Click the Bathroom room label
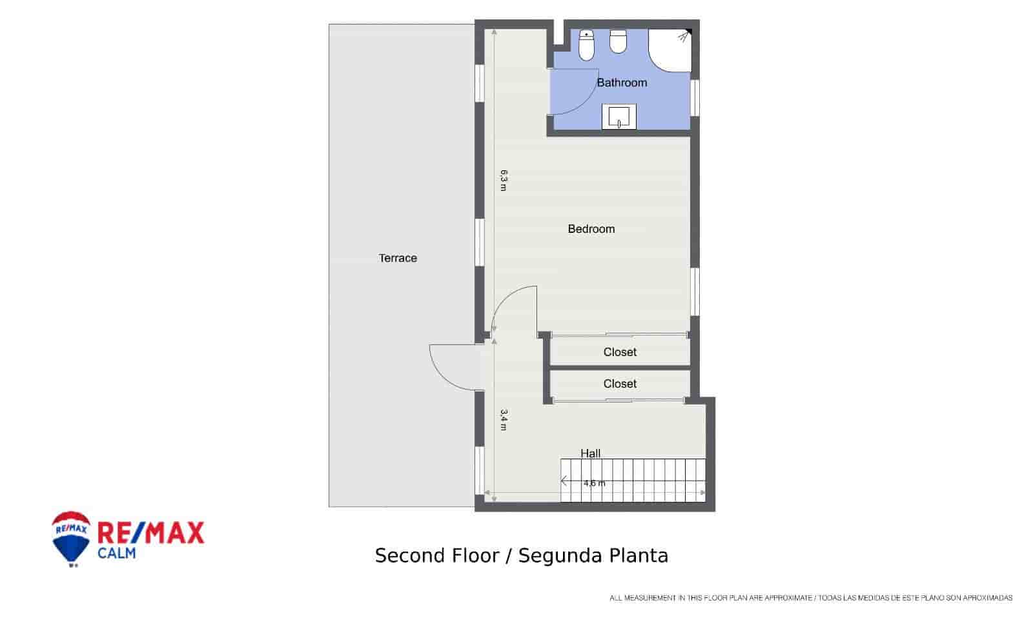pos(621,83)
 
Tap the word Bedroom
pos(591,229)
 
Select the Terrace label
pos(398,258)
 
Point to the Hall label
pos(590,454)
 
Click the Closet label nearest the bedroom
pos(620,352)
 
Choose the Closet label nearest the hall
pos(620,384)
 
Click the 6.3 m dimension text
pos(504,180)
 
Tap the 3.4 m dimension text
pos(504,420)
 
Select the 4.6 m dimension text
pos(594,483)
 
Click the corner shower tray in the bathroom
pos(671,49)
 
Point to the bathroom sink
pos(619,117)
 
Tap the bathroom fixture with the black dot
pos(586,45)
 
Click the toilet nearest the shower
pos(619,41)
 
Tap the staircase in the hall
pos(633,481)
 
